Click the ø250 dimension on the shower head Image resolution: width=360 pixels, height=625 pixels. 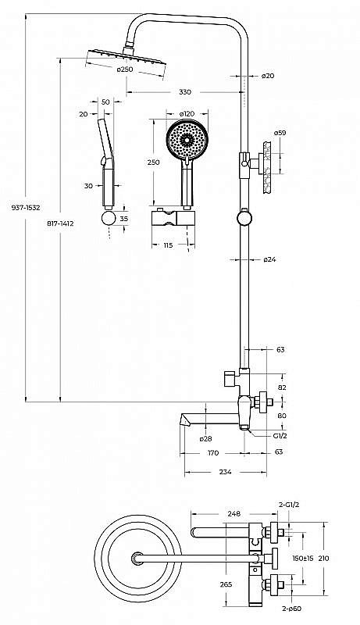(x=125, y=70)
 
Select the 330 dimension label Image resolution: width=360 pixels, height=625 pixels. (x=185, y=92)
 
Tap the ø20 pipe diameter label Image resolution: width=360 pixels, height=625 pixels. (x=268, y=76)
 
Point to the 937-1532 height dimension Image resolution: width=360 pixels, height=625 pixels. (x=26, y=208)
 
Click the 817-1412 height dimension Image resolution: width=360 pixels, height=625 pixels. (x=60, y=223)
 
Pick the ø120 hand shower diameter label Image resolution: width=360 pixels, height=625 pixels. (x=187, y=113)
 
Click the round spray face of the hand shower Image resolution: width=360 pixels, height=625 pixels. (x=187, y=140)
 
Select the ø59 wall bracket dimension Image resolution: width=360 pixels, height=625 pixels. (x=280, y=133)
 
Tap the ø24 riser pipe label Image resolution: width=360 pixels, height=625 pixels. (x=269, y=259)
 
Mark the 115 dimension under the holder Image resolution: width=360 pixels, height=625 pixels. (x=168, y=245)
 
